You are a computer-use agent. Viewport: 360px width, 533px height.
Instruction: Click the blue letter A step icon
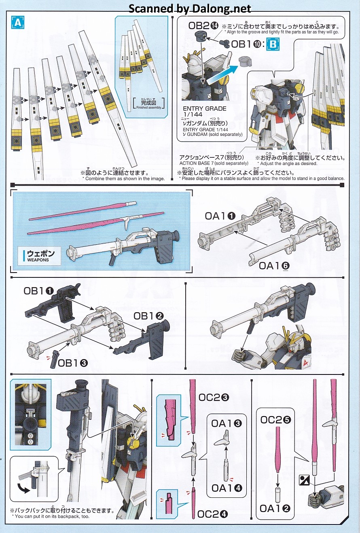pos(18,23)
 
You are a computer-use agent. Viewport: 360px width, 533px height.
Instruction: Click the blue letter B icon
pos(273,44)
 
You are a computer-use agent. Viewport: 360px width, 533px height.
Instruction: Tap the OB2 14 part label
pos(203,25)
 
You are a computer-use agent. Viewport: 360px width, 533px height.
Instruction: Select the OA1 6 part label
pos(274,266)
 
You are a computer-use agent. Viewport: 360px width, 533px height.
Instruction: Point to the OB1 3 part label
pos(73,363)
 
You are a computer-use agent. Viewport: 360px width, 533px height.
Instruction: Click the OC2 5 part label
pos(275,420)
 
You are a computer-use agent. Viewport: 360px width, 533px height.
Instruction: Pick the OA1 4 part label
pos(227,488)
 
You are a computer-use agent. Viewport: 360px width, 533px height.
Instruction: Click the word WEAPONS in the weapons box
pos(38,260)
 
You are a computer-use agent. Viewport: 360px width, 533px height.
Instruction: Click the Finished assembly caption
pos(149,108)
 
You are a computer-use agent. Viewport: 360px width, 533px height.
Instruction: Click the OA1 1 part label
pos(220,216)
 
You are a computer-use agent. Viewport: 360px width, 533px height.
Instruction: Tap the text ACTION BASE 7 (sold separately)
pos(214,163)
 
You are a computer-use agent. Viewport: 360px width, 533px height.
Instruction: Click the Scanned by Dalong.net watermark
pos(190,9)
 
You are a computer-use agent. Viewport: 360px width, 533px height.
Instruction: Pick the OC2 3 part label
pos(214,397)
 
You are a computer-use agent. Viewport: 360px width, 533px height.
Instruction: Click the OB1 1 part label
pos(38,291)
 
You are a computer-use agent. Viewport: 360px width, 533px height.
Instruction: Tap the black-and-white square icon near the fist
pos(304,480)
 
